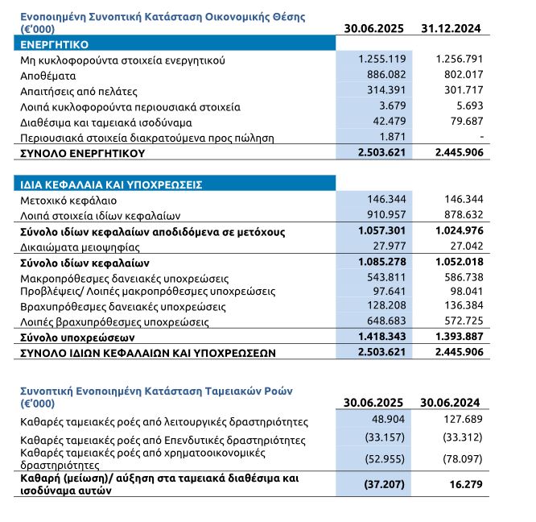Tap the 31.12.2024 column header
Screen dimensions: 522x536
(x=451, y=28)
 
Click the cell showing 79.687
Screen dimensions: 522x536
(x=461, y=122)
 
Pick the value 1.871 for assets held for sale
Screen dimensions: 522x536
(x=393, y=138)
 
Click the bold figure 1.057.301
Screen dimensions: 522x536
(x=381, y=231)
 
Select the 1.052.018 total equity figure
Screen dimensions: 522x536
(x=456, y=263)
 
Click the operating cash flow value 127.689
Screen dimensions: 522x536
(x=461, y=420)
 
